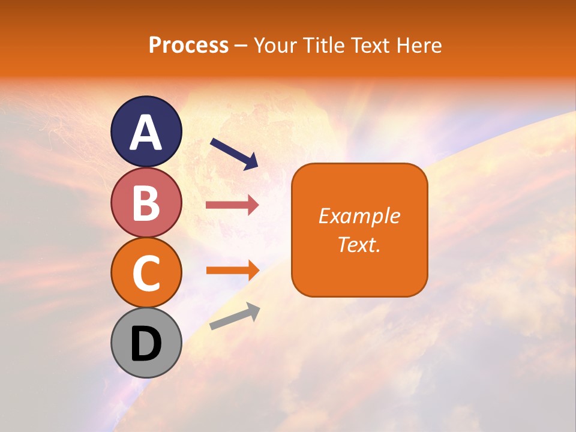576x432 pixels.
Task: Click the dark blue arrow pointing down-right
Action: pos(234,153)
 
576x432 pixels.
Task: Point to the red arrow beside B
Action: pos(232,205)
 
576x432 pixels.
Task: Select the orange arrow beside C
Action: pos(232,270)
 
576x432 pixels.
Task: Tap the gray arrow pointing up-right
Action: pos(235,316)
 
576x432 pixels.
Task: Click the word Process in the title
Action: pos(188,46)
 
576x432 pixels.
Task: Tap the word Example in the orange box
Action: pos(359,216)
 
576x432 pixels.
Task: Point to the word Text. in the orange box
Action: pos(359,245)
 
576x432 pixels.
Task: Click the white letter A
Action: pos(146,132)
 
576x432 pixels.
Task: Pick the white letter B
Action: pos(146,203)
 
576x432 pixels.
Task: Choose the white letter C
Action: pos(146,273)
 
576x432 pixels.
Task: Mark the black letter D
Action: pos(146,344)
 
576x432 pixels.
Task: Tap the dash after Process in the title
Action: pos(241,46)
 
